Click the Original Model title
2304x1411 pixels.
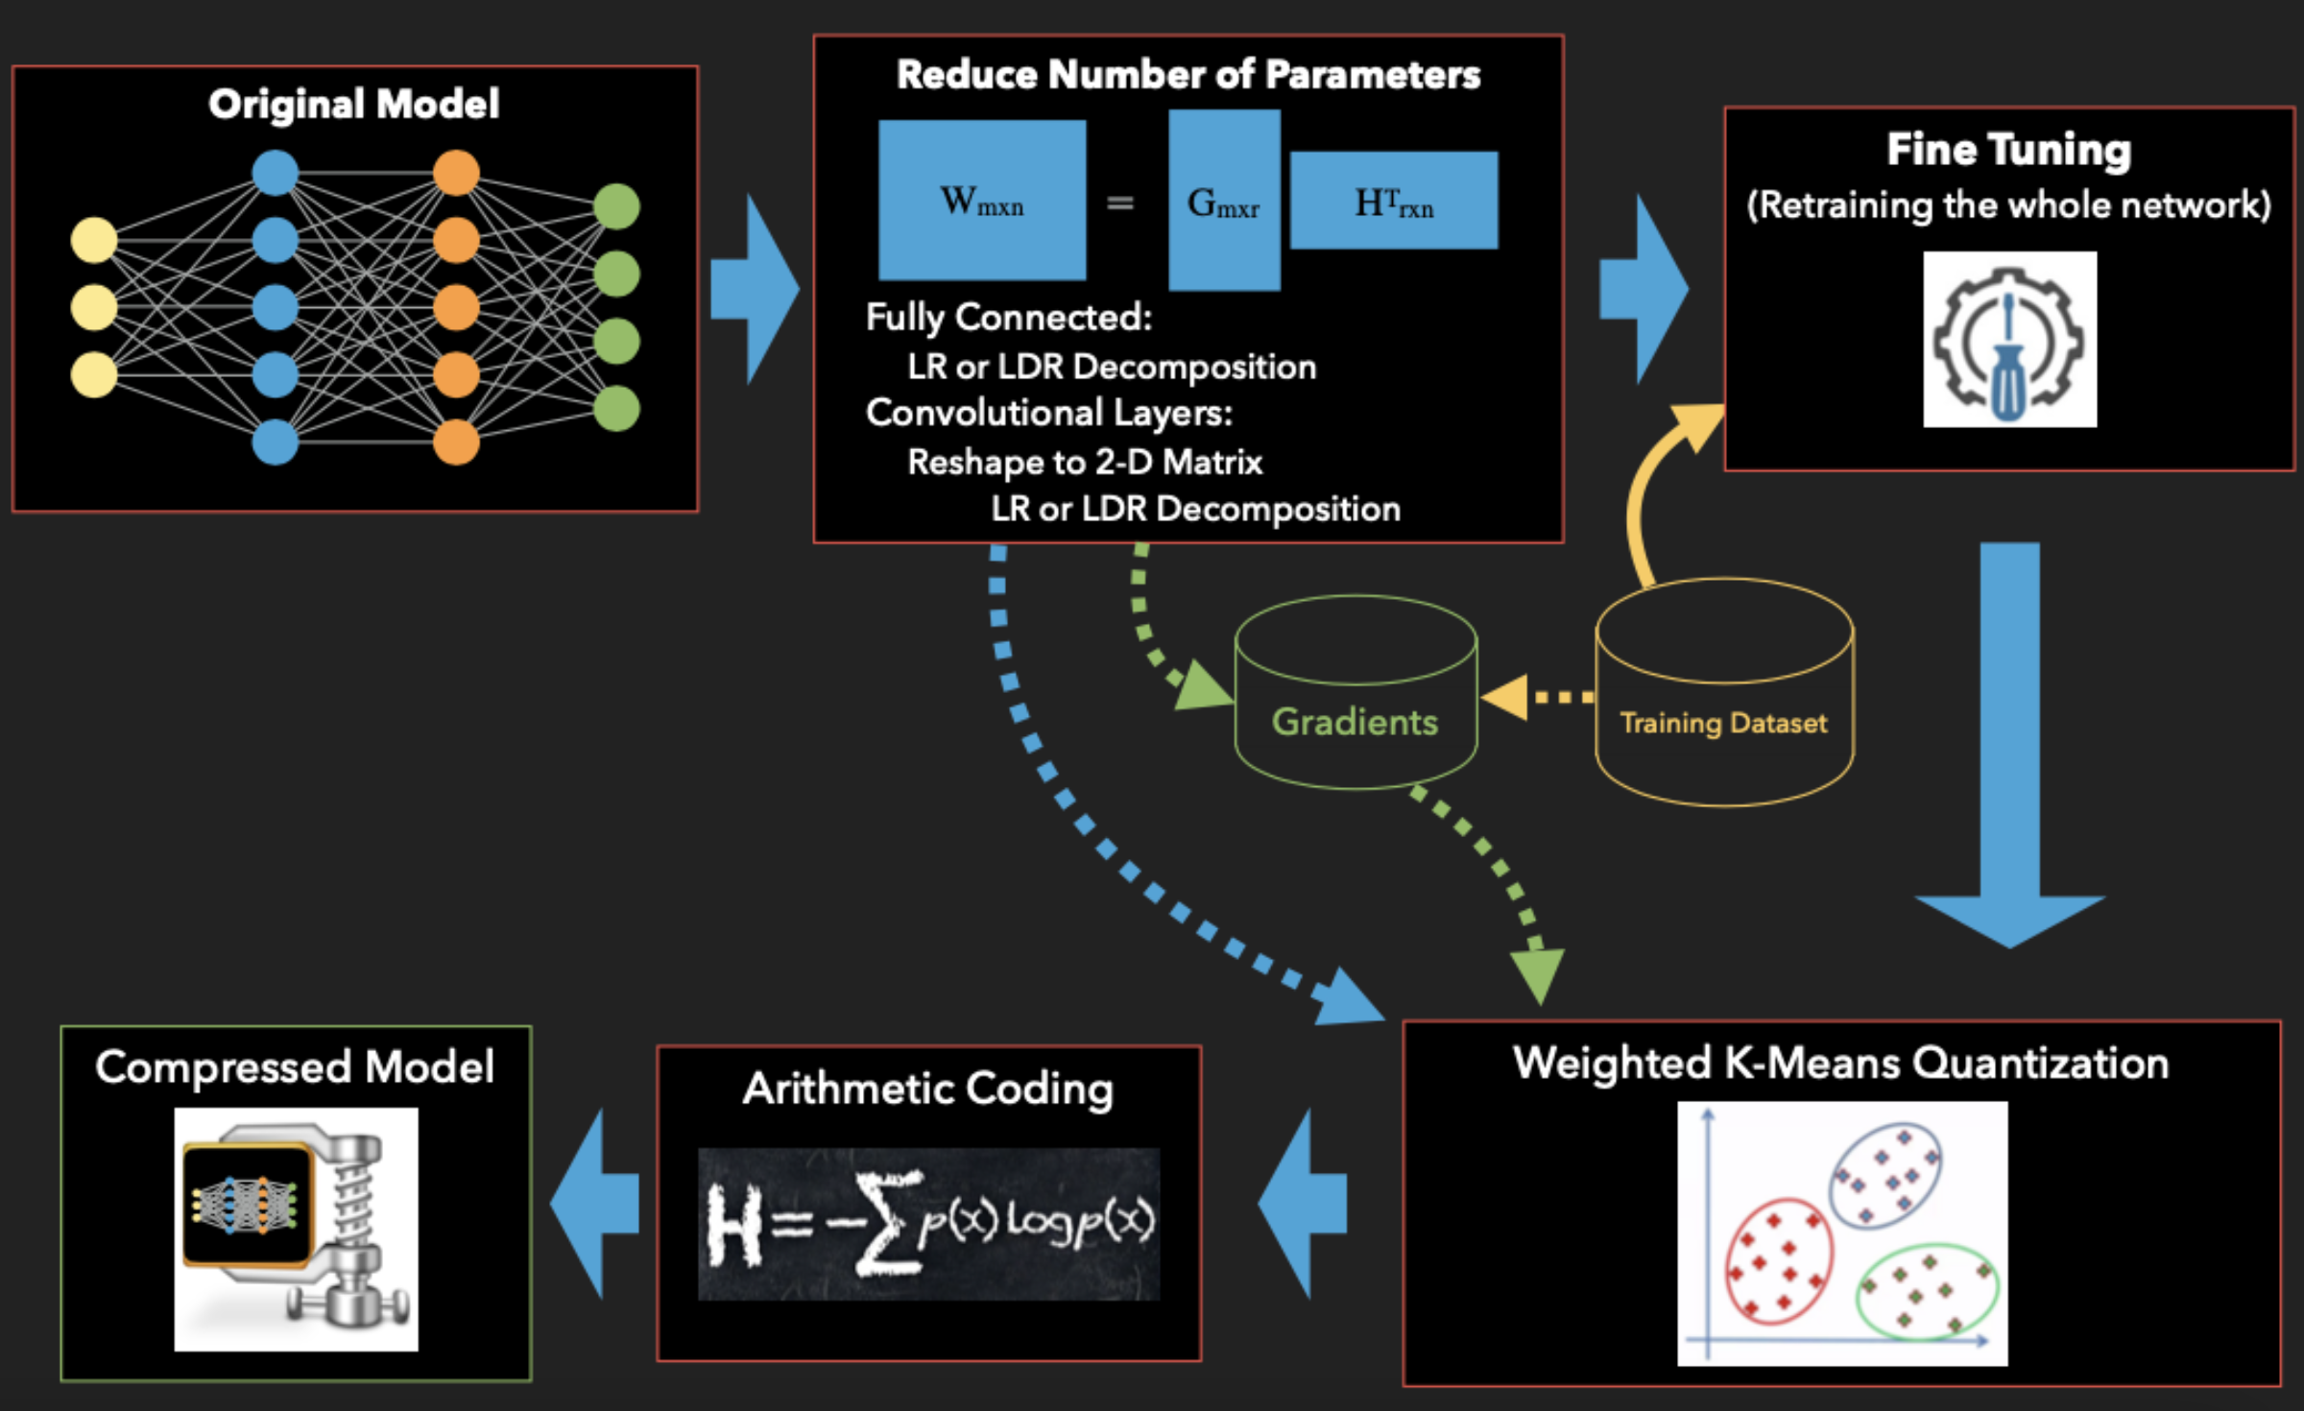pyautogui.click(x=353, y=104)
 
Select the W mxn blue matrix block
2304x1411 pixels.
pyautogui.click(x=982, y=200)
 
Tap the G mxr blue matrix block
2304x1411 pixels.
pyautogui.click(x=1224, y=200)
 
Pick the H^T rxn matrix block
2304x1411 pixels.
pyautogui.click(x=1394, y=200)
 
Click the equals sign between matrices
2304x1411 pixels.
pyautogui.click(x=1120, y=203)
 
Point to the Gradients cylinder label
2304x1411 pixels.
pyautogui.click(x=1355, y=722)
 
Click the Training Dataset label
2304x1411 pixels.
pyautogui.click(x=1723, y=723)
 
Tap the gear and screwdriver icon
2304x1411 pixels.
pyautogui.click(x=2009, y=340)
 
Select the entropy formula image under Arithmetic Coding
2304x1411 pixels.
pyautogui.click(x=928, y=1224)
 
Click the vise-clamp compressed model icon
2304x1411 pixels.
pyautogui.click(x=296, y=1230)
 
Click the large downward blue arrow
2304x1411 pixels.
pyautogui.click(x=2009, y=768)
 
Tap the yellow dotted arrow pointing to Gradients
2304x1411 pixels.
pyautogui.click(x=1536, y=697)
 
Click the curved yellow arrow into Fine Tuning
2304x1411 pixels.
pyautogui.click(x=1651, y=490)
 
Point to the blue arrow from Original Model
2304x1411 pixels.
pyautogui.click(x=754, y=289)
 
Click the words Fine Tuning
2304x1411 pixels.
pyautogui.click(x=2008, y=150)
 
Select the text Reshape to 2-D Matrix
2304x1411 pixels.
pyautogui.click(x=1085, y=463)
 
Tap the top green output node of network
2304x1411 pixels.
pyautogui.click(x=616, y=206)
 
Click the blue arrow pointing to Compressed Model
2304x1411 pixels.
pyautogui.click(x=595, y=1204)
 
